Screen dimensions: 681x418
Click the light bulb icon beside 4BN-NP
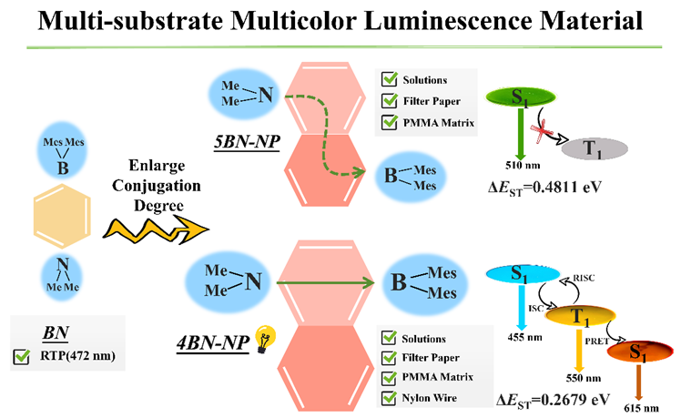[265, 339]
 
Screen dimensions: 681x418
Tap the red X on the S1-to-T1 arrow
[540, 130]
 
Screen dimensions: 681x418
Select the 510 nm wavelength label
[523, 166]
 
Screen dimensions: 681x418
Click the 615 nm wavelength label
[641, 408]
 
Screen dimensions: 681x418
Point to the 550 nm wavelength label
[584, 378]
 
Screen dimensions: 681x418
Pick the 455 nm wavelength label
[524, 337]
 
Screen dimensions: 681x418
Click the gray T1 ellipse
[595, 148]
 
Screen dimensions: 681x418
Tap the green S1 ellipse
[521, 97]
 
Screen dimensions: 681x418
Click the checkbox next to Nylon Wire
[389, 398]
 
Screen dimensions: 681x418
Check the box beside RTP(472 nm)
[21, 356]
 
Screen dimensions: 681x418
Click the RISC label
[584, 278]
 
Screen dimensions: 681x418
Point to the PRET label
[596, 342]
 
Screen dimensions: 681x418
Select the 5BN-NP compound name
[247, 142]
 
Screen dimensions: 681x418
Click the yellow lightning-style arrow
[156, 229]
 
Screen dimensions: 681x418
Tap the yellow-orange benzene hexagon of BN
[62, 216]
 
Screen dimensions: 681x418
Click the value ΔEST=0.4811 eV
[544, 188]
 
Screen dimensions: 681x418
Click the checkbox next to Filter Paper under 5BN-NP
[389, 101]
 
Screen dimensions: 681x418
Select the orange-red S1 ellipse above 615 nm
[640, 352]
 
